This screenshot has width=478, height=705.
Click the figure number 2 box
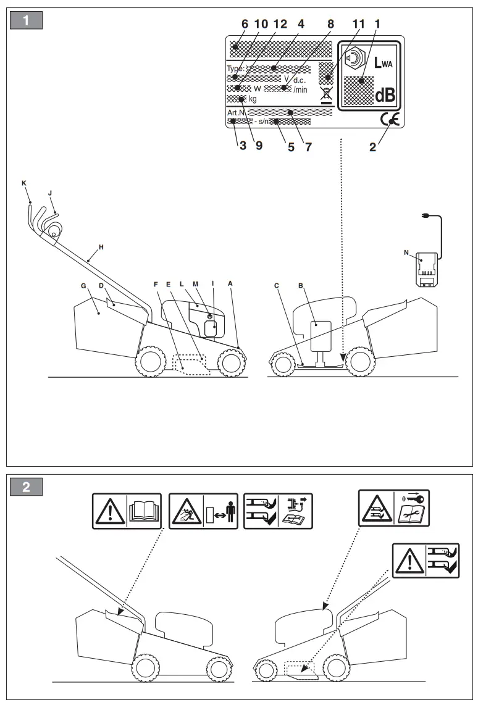tap(26, 486)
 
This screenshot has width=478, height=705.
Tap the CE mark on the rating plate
tap(391, 120)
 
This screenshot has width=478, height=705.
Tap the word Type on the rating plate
tap(235, 69)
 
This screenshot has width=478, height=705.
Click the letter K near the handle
tap(24, 183)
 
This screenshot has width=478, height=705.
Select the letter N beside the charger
tap(406, 252)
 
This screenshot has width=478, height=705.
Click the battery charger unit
tap(426, 269)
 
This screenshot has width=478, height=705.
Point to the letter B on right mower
tap(300, 286)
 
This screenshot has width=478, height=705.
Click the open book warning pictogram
tap(143, 511)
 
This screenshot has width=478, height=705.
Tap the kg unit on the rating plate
tap(253, 99)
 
